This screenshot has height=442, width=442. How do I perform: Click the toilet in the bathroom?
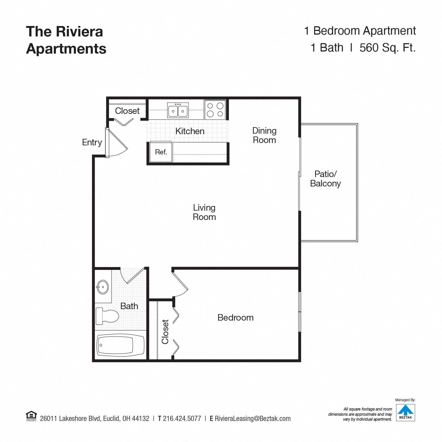[107, 316]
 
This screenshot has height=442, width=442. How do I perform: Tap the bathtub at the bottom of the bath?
[120, 345]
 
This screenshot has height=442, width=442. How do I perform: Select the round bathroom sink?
[103, 287]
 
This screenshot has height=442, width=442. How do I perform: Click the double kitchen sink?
[178, 110]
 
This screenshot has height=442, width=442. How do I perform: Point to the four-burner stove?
[215, 110]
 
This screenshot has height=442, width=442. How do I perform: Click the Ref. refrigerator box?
[161, 152]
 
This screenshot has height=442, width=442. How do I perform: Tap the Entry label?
[92, 142]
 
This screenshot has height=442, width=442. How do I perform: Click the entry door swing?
[117, 144]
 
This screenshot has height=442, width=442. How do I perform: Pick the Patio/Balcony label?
[325, 179]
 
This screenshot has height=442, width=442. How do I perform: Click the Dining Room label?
[264, 135]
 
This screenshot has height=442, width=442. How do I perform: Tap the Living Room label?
[204, 212]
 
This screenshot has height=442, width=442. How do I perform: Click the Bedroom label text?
[235, 317]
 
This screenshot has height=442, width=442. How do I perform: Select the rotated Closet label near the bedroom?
[165, 331]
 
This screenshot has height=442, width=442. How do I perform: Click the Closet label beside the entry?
[127, 111]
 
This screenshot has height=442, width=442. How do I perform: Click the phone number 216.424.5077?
[182, 419]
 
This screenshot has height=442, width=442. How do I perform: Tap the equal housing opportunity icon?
[31, 416]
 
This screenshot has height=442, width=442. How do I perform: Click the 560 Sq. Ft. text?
[387, 48]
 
